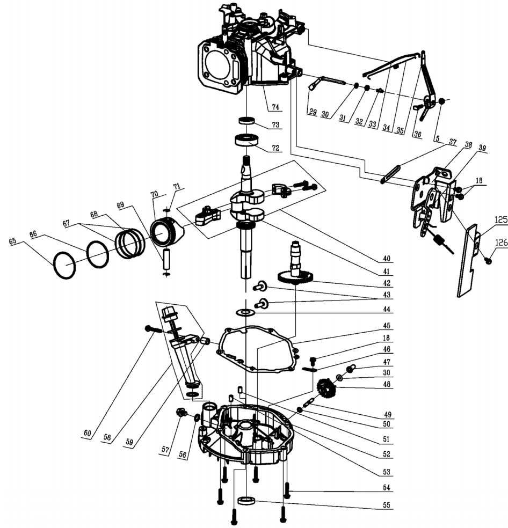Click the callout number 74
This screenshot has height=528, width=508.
[x=275, y=107]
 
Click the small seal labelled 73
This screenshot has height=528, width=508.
[x=247, y=120]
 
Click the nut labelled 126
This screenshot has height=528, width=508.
[x=488, y=260]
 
